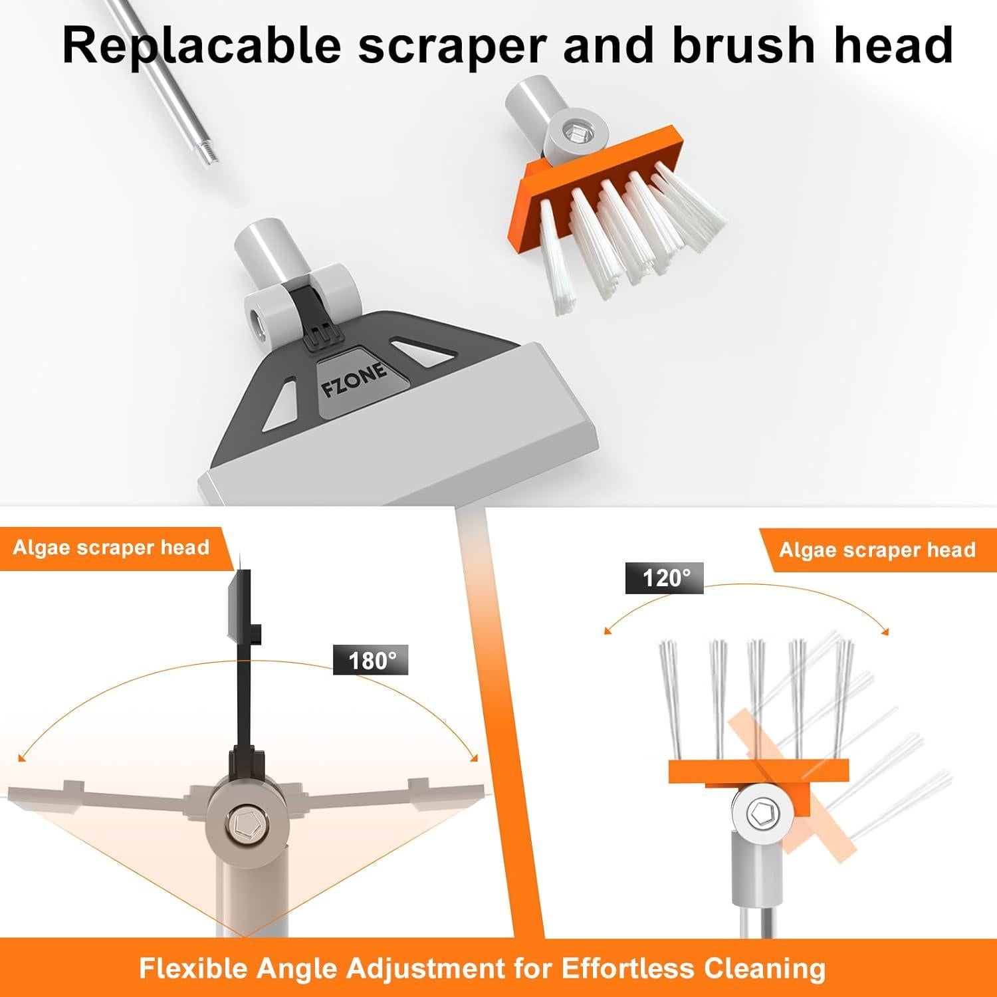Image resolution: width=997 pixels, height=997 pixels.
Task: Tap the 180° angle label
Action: coord(371,661)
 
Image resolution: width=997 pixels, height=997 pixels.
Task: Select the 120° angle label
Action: coord(665,578)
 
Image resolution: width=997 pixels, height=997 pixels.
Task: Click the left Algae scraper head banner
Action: coord(112,548)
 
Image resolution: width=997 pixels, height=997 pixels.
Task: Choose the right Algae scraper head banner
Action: coord(877,550)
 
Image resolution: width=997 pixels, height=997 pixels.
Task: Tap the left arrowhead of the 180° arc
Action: coord(23,757)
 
